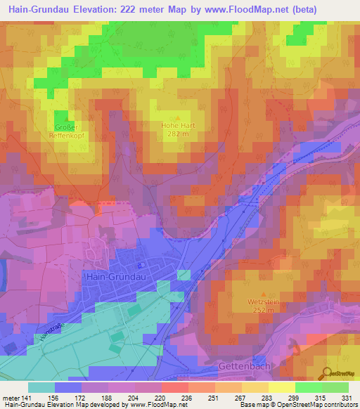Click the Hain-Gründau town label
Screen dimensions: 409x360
point(115,277)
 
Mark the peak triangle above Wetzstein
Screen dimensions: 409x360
point(262,294)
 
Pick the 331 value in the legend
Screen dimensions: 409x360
point(347,397)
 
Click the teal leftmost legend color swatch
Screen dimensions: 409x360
point(41,387)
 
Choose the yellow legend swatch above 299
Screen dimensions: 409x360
point(282,387)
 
